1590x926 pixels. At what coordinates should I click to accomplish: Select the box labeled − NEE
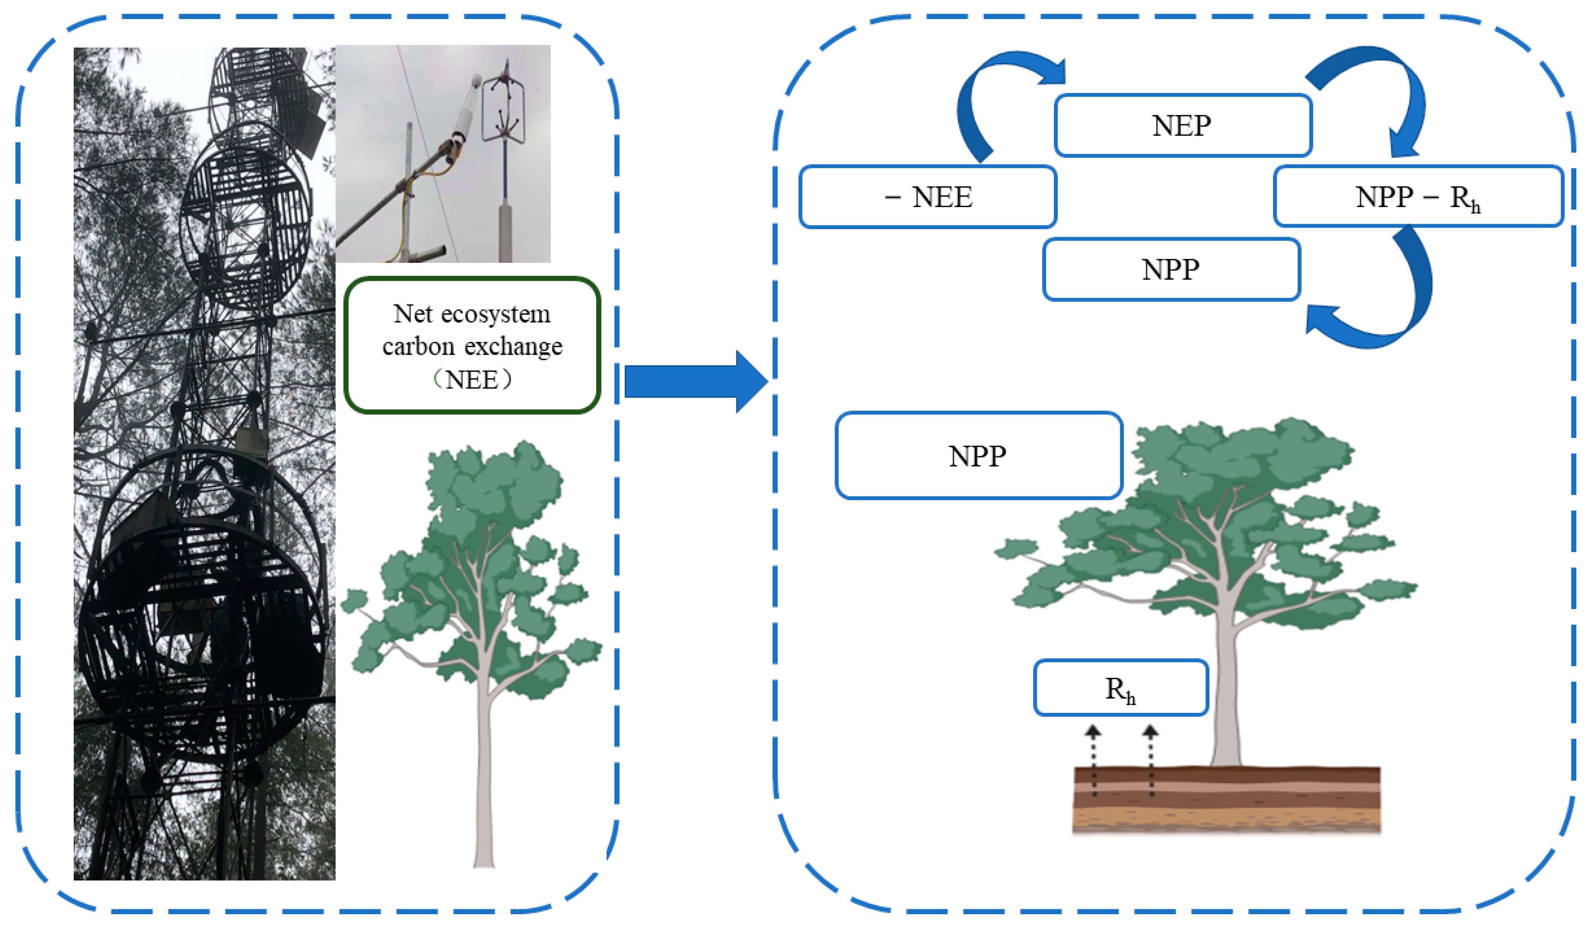928,197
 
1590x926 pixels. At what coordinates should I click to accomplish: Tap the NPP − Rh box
1417,197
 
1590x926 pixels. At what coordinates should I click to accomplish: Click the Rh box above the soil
1120,688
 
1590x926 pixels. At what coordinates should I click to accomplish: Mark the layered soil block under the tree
1226,800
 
